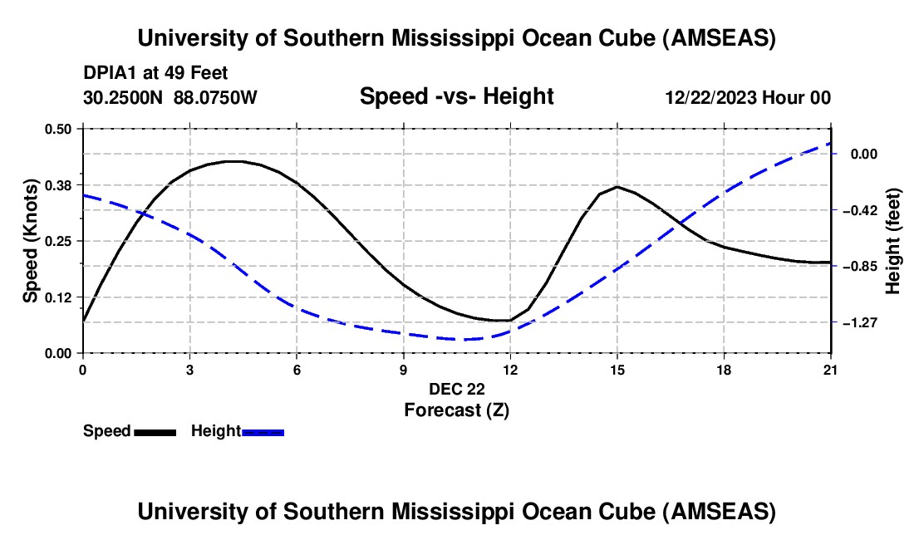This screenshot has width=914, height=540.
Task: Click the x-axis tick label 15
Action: pyautogui.click(x=617, y=370)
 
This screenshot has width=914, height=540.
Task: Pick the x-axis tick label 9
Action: pyautogui.click(x=403, y=370)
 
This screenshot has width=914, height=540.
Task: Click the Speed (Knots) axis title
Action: pyautogui.click(x=30, y=241)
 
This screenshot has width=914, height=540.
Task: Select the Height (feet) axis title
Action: pyautogui.click(x=894, y=241)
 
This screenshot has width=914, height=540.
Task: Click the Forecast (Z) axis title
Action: pyautogui.click(x=456, y=410)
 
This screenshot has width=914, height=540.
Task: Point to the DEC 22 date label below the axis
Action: pyautogui.click(x=456, y=389)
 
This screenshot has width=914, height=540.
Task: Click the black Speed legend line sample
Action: pyautogui.click(x=155, y=431)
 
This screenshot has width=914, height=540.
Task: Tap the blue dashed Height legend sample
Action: pyautogui.click(x=263, y=431)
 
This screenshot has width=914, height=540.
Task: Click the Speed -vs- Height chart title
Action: pyautogui.click(x=456, y=96)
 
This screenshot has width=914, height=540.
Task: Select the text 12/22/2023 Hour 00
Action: pyautogui.click(x=748, y=97)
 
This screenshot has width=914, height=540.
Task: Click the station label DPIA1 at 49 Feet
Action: pyautogui.click(x=155, y=73)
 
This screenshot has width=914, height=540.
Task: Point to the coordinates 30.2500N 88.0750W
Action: pyautogui.click(x=170, y=97)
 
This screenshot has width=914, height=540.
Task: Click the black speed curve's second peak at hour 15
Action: pyautogui.click(x=617, y=187)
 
